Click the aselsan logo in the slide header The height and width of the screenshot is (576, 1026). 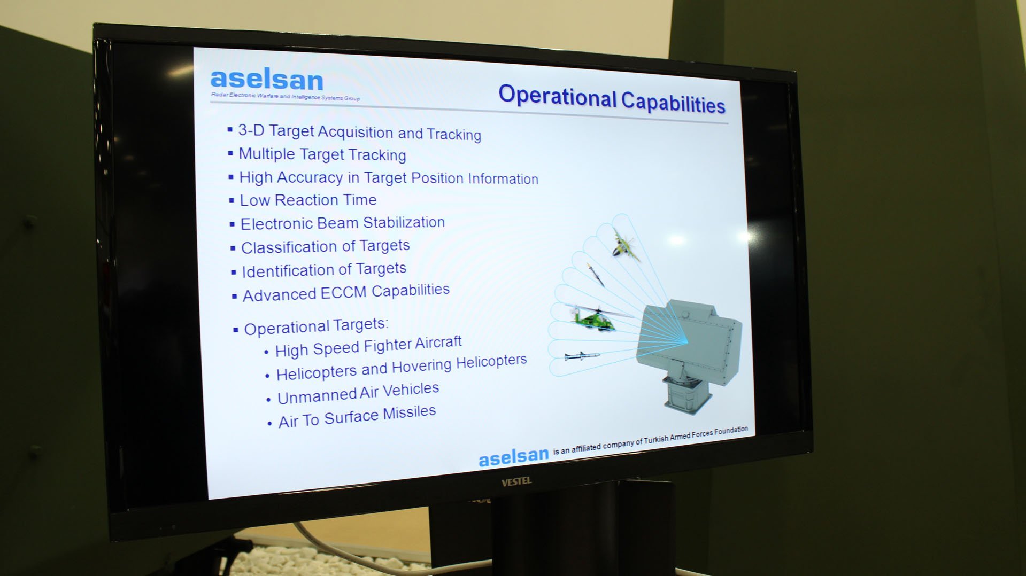[x=267, y=80]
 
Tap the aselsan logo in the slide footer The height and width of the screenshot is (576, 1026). [x=513, y=456]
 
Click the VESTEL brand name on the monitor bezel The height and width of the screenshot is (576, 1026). [x=516, y=481]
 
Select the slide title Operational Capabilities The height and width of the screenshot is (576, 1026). [x=612, y=99]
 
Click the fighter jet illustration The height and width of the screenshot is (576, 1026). [x=624, y=245]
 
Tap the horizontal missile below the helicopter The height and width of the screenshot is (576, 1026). [x=582, y=355]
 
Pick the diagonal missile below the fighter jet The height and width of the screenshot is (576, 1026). [x=595, y=274]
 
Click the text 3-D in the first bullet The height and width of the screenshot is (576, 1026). [x=251, y=130]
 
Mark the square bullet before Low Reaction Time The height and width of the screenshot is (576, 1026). [x=232, y=200]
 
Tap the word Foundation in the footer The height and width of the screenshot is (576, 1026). [x=729, y=431]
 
